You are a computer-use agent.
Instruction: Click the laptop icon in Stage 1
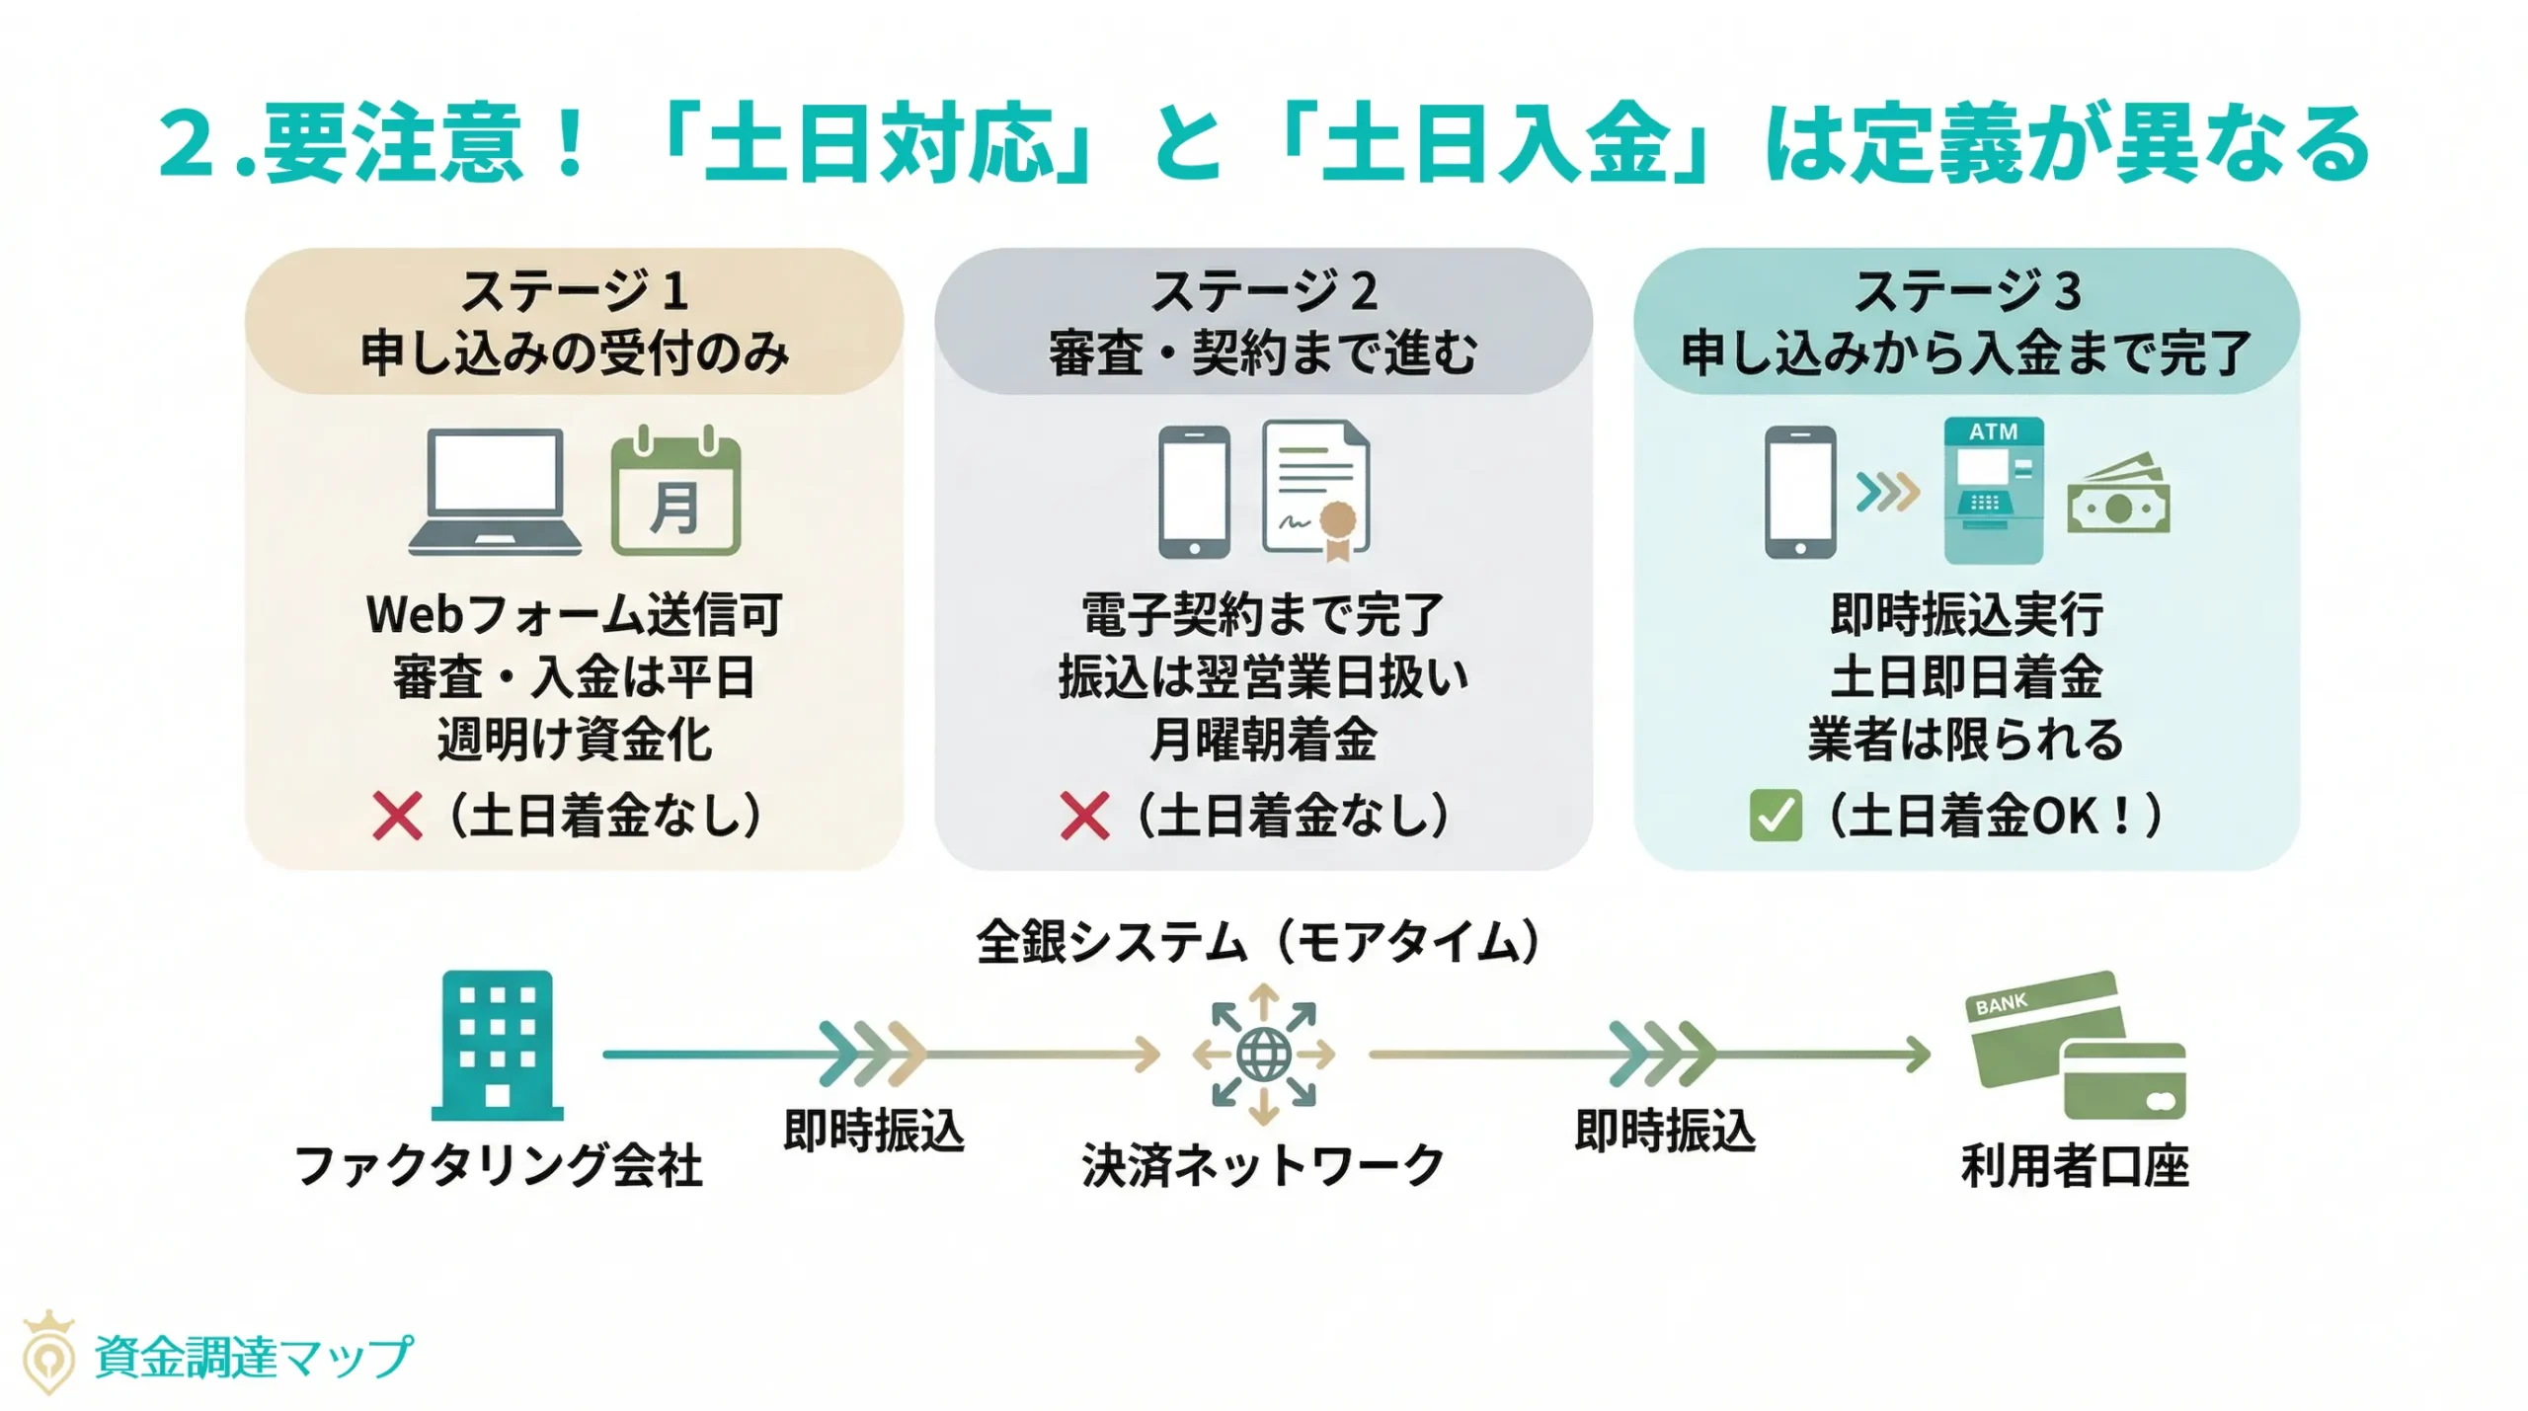click(x=495, y=492)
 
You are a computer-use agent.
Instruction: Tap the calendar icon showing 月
click(x=675, y=493)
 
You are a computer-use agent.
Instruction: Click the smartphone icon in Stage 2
click(x=1194, y=492)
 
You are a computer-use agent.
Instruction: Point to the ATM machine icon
click(x=1993, y=491)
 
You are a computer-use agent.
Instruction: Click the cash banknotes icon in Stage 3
click(x=2118, y=497)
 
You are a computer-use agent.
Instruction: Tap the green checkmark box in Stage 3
click(x=1775, y=816)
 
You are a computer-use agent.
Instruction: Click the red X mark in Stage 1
click(x=397, y=816)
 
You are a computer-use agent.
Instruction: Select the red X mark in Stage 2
click(x=1084, y=816)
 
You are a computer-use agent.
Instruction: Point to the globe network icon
click(x=1264, y=1054)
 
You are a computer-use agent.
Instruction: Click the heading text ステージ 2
click(x=1264, y=291)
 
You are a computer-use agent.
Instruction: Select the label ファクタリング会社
click(x=499, y=1165)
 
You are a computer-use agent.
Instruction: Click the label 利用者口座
click(x=2075, y=1165)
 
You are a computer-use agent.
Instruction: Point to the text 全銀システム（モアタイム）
click(x=1259, y=941)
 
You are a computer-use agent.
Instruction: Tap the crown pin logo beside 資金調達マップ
click(x=48, y=1353)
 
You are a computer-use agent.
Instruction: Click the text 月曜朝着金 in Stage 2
click(x=1264, y=739)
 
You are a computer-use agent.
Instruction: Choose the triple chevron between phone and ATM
click(x=1887, y=492)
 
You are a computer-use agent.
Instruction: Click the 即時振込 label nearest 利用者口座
click(x=1665, y=1131)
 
